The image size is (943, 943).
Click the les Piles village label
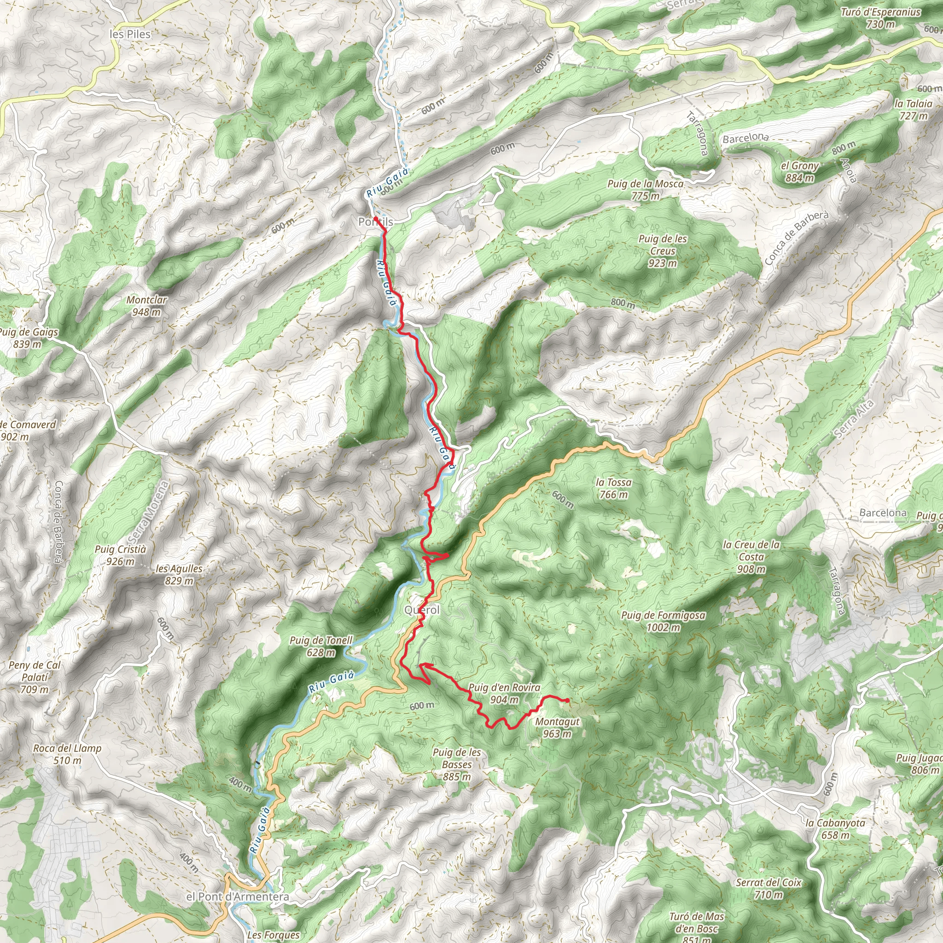(x=130, y=34)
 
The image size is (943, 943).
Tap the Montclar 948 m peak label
(x=146, y=306)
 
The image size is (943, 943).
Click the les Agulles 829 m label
(x=179, y=575)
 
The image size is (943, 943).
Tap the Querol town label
(x=422, y=610)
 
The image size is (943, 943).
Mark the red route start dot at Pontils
(x=375, y=218)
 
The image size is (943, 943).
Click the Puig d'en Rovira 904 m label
(x=504, y=693)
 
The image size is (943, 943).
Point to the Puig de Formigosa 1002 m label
(x=663, y=621)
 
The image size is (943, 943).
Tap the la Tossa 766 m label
(x=613, y=488)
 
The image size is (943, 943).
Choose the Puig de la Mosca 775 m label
(x=645, y=190)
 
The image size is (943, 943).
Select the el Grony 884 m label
(x=799, y=172)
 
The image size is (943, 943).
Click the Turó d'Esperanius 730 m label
(x=880, y=18)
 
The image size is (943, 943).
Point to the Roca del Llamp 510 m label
(x=67, y=754)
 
